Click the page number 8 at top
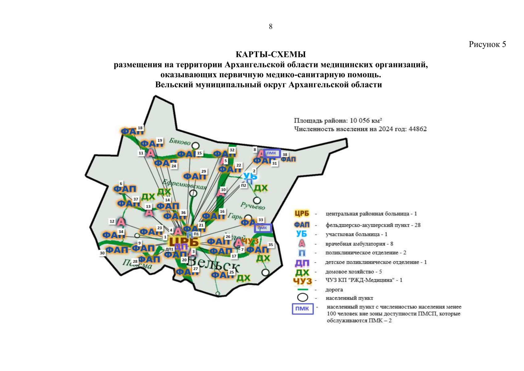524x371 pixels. click(270, 27)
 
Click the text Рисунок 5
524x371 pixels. click(487, 45)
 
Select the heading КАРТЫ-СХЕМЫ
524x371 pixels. click(270, 55)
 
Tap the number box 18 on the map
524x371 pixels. click(140, 128)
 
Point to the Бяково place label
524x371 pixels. click(179, 142)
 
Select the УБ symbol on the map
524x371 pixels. click(250, 176)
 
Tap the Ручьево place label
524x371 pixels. click(253, 206)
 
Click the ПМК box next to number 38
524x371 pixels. click(271, 153)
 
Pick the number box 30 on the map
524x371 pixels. click(102, 253)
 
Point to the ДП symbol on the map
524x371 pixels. click(181, 247)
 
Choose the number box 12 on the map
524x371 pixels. click(112, 221)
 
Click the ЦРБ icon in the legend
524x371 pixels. click(301, 214)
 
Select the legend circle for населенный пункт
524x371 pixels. click(302, 297)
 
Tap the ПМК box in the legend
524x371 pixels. click(302, 309)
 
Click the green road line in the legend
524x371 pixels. click(302, 290)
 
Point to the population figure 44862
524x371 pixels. click(417, 129)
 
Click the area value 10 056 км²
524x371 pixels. click(366, 121)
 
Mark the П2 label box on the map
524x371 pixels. click(244, 185)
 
